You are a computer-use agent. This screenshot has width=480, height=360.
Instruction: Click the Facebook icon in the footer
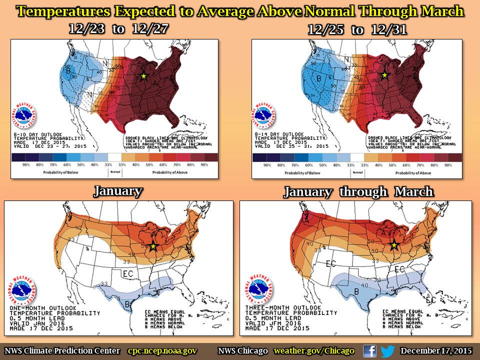click(x=370, y=351)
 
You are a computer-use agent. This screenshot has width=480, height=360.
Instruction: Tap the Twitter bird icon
click(x=387, y=351)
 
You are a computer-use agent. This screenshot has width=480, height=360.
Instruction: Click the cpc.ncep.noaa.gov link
click(x=162, y=351)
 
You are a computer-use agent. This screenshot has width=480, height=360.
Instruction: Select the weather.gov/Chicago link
click(x=314, y=351)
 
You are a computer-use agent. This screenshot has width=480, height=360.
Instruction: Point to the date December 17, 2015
click(x=435, y=351)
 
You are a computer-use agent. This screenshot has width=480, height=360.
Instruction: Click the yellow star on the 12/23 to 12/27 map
click(x=143, y=76)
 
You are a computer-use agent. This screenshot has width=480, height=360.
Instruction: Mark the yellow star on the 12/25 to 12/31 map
click(x=384, y=75)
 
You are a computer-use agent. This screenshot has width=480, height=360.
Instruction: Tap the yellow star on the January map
click(x=153, y=246)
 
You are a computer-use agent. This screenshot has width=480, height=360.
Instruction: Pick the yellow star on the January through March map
click(x=394, y=244)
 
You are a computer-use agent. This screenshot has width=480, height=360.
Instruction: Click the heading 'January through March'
click(x=358, y=192)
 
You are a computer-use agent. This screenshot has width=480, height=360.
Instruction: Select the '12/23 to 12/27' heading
click(x=118, y=29)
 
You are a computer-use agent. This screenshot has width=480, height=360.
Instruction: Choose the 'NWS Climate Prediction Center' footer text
click(x=62, y=351)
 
